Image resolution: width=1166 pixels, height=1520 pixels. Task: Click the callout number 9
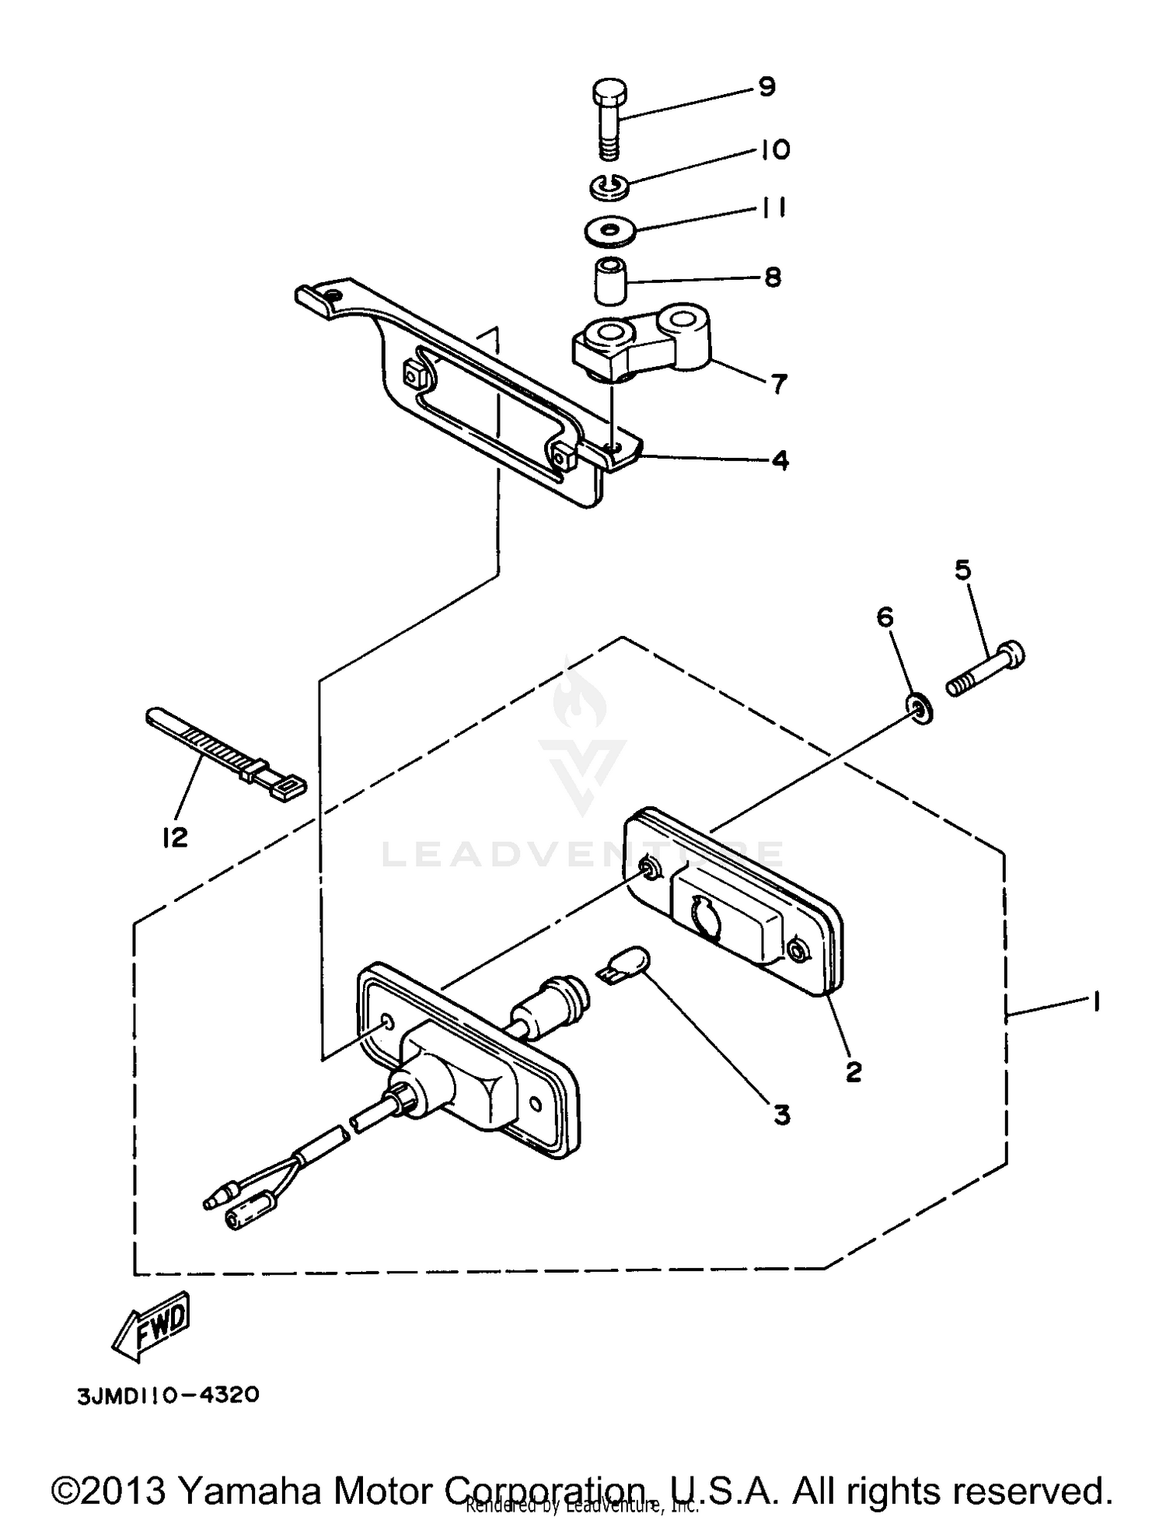[766, 87]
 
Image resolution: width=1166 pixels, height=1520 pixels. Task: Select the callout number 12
[175, 837]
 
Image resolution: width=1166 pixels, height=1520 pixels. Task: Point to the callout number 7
[778, 383]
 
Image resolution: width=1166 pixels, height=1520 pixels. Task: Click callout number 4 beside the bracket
[780, 460]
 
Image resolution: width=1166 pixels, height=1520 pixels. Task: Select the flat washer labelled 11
[610, 230]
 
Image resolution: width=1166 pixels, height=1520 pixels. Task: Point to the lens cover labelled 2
[735, 902]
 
